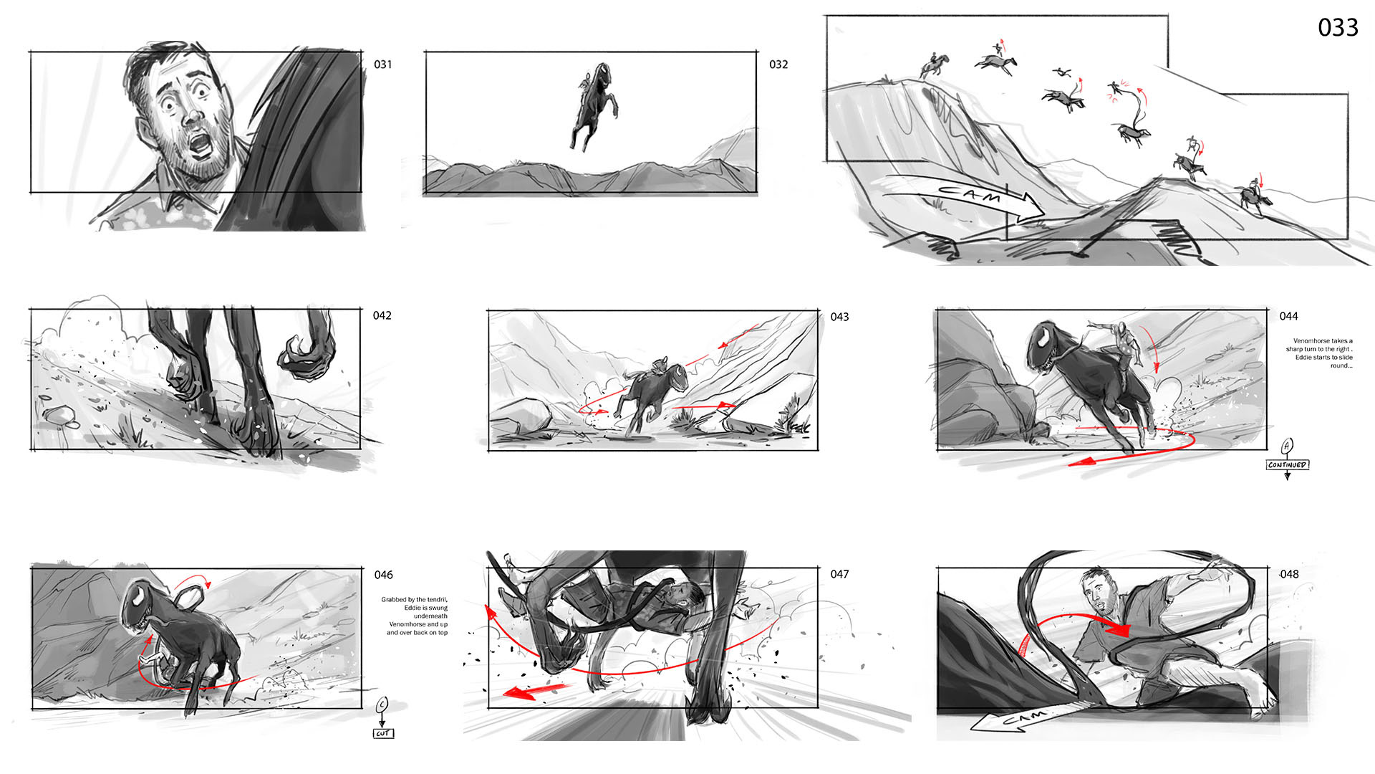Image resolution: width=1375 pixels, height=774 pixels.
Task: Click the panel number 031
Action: (383, 64)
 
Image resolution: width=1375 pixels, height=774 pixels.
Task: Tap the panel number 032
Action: (778, 64)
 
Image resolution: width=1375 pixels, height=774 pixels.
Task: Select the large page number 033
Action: (1338, 27)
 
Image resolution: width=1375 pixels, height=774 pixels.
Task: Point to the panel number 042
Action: (382, 315)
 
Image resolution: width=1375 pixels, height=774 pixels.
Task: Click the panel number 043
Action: (839, 317)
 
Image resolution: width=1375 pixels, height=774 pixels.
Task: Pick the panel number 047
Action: (839, 574)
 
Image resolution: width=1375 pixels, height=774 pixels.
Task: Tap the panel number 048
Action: (1289, 574)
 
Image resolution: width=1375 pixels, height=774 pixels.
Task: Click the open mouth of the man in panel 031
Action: (200, 145)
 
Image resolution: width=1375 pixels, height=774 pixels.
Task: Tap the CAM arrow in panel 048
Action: (1021, 717)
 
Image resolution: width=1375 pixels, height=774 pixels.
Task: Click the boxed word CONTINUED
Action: (1287, 465)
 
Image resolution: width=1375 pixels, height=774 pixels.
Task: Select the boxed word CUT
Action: (383, 733)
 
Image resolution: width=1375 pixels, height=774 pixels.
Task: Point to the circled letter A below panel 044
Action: (1287, 446)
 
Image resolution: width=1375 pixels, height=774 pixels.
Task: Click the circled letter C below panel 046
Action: (382, 704)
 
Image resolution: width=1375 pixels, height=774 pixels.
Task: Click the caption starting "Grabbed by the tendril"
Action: (415, 616)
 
